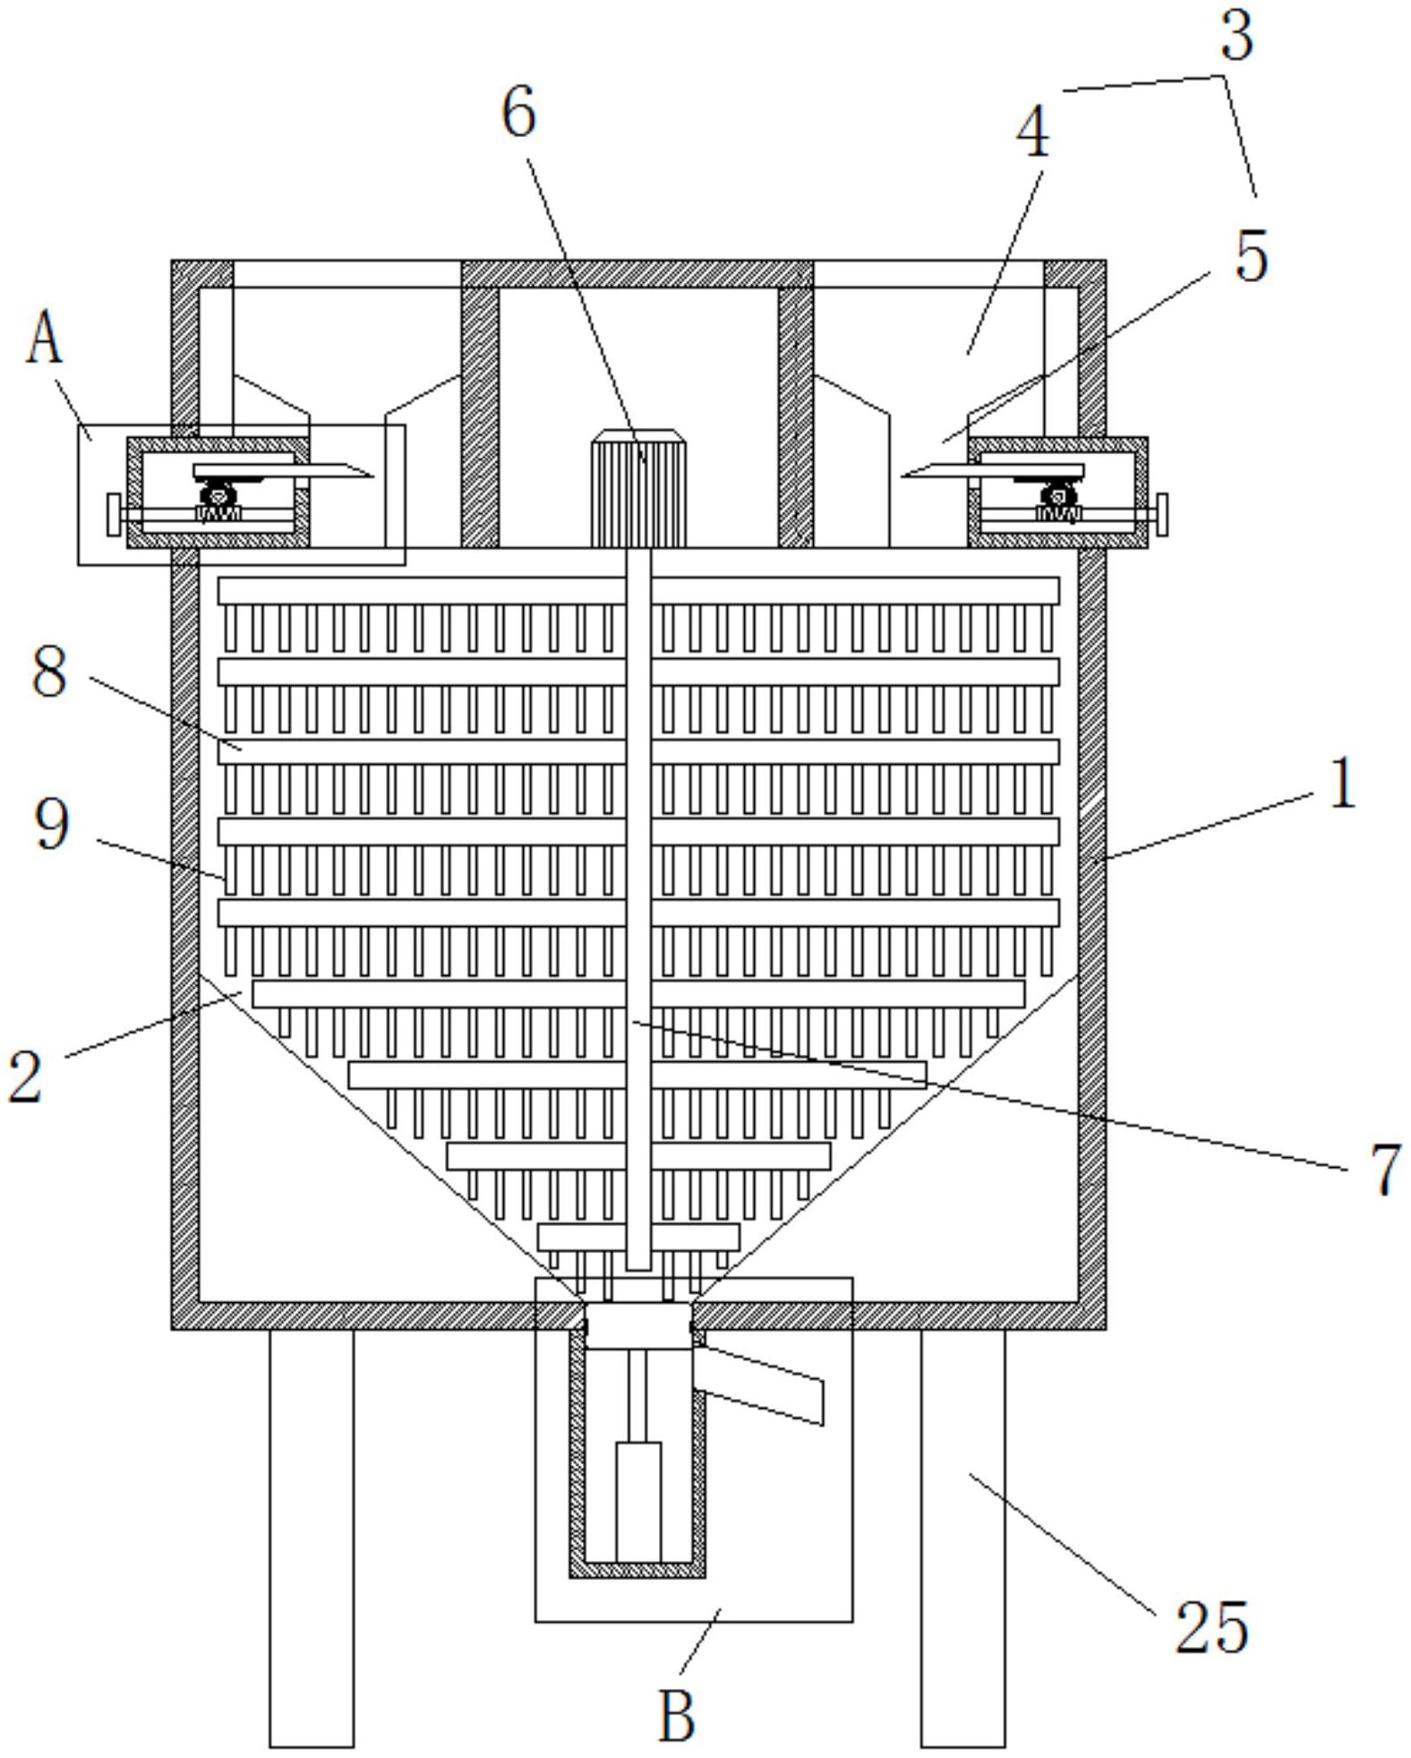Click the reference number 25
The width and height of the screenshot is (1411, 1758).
tap(1211, 1625)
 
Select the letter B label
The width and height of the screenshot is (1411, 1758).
tap(677, 1714)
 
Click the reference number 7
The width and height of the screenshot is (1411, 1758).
tap(1385, 1169)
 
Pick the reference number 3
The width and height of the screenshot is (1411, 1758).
tap(1236, 36)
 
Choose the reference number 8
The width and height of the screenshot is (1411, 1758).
tap(49, 671)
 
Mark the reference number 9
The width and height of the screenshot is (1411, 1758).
tap(52, 824)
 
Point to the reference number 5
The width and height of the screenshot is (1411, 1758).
tap(1252, 255)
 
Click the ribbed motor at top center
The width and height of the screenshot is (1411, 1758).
tap(638, 489)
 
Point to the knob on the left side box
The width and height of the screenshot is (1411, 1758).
tap(114, 515)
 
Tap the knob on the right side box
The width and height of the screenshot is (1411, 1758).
tap(1161, 515)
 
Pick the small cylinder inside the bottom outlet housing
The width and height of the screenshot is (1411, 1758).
tap(638, 1502)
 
